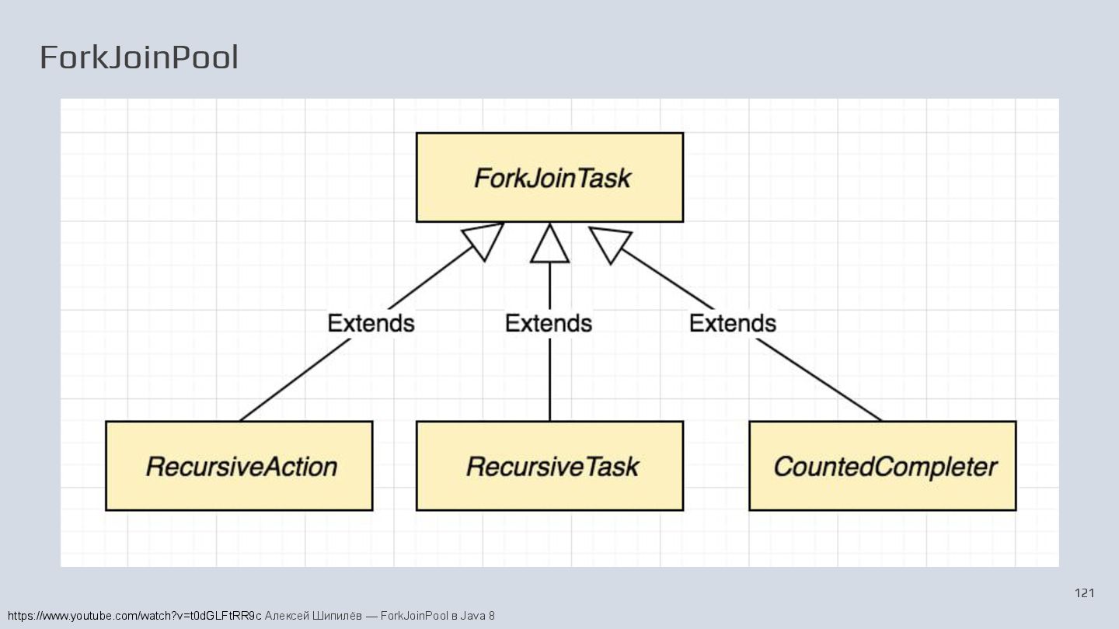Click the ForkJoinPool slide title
tap(138, 57)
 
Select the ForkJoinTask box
tap(549, 178)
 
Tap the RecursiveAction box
tap(239, 466)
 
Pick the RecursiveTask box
tap(549, 466)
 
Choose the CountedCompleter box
tap(882, 466)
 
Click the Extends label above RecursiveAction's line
tap(371, 323)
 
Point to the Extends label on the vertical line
tap(549, 323)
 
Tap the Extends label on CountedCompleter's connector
tap(732, 323)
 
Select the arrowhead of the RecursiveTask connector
tap(549, 244)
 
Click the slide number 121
tap(1084, 593)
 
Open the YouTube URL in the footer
tap(134, 616)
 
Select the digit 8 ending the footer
tap(491, 616)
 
